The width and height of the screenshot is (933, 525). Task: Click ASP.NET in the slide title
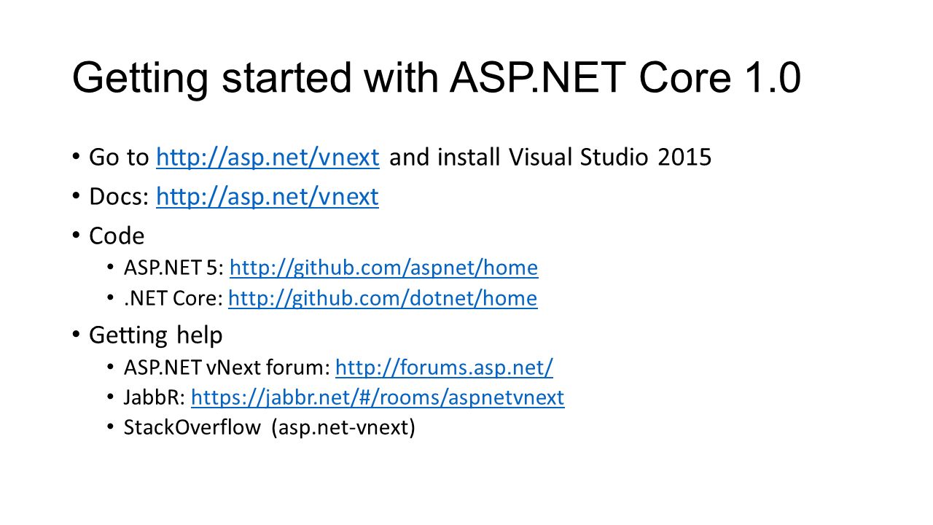pyautogui.click(x=537, y=77)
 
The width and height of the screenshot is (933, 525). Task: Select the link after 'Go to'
pyautogui.click(x=268, y=157)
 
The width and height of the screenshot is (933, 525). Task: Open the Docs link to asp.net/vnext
pyautogui.click(x=268, y=197)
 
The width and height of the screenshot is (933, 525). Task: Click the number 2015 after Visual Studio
pyautogui.click(x=684, y=157)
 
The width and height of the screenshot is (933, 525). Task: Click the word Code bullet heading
pyautogui.click(x=117, y=236)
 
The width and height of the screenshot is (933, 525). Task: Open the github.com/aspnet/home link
pyautogui.click(x=383, y=268)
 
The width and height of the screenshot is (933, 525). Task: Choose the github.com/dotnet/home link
pyautogui.click(x=383, y=299)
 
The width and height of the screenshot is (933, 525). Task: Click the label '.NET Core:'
pyautogui.click(x=173, y=299)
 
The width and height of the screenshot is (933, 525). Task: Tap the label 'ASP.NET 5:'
pyautogui.click(x=174, y=268)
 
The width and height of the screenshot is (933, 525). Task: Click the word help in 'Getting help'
pyautogui.click(x=200, y=335)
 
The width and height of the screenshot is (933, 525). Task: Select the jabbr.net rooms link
pyautogui.click(x=378, y=397)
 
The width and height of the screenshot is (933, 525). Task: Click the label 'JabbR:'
pyautogui.click(x=155, y=397)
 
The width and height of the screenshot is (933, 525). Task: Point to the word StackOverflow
pyautogui.click(x=192, y=428)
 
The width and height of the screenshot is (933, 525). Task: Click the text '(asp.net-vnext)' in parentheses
pyautogui.click(x=343, y=428)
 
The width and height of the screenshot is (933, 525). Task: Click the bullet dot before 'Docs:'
pyautogui.click(x=76, y=195)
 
